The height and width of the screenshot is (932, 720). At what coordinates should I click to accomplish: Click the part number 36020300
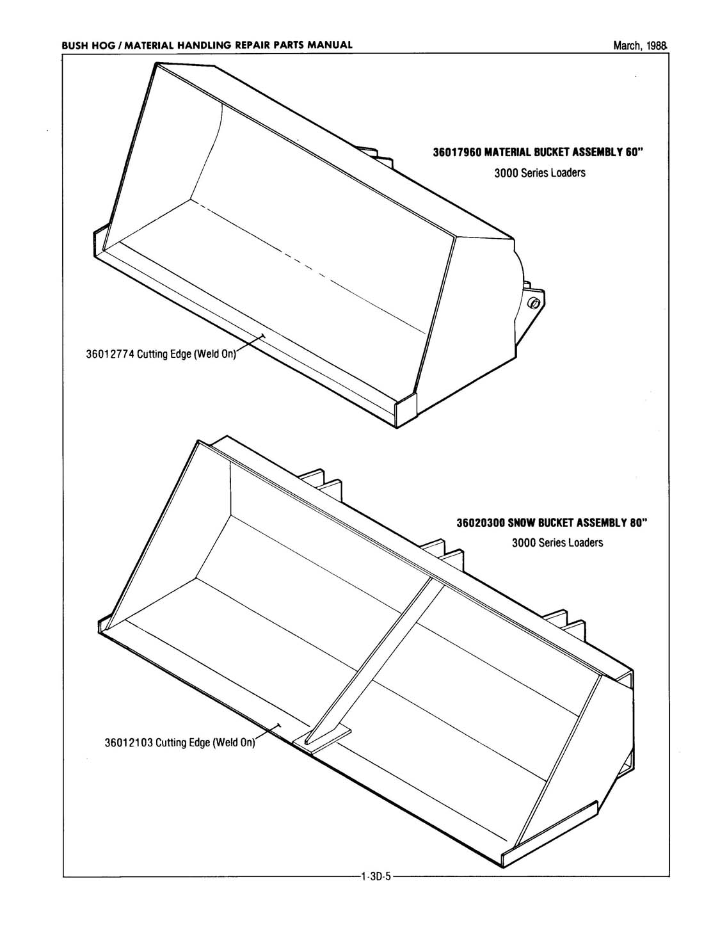coord(480,523)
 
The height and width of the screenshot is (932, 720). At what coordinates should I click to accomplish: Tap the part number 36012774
coord(109,355)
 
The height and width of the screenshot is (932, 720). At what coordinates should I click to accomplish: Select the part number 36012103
coord(128,743)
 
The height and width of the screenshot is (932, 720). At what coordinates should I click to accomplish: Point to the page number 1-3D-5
coord(376,876)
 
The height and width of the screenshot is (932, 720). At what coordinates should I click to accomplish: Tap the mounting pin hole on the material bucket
coord(534,302)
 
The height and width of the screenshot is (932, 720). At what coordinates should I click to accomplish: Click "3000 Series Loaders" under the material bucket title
coord(540,173)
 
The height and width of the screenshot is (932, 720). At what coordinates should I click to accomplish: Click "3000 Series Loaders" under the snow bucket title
coord(557,543)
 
